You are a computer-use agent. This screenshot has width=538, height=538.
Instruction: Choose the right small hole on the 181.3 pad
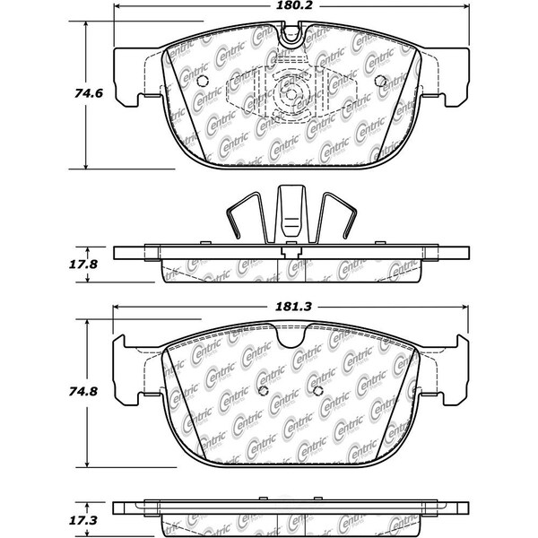[x=317, y=391]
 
